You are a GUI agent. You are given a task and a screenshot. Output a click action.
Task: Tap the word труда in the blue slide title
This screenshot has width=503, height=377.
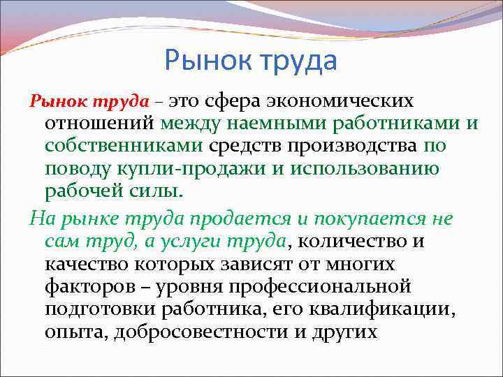pos(298,61)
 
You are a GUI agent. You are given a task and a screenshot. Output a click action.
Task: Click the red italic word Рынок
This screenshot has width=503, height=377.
pos(51,101)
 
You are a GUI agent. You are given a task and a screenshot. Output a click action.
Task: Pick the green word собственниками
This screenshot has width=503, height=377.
pos(124,147)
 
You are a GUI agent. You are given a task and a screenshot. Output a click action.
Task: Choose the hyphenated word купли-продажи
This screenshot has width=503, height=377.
pos(179,170)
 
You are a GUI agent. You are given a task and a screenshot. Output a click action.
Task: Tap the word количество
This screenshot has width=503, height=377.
pos(356,242)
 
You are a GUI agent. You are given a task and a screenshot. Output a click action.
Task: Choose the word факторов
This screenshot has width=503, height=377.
pos(86,288)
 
